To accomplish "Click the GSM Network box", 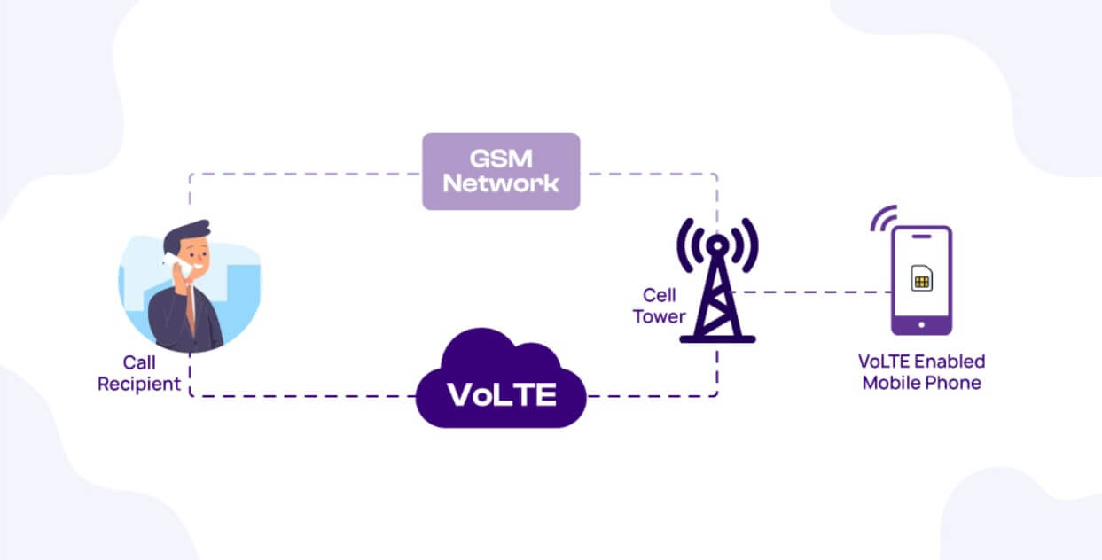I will [501, 171].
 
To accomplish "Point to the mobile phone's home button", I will [921, 324].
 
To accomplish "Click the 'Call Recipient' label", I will [139, 373].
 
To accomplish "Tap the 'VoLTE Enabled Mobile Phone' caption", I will [922, 372].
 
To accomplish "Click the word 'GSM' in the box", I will [501, 158].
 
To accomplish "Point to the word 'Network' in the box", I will [501, 183].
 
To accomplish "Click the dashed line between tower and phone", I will [816, 292].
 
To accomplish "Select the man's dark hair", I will [186, 232].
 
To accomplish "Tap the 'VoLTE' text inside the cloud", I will [502, 393].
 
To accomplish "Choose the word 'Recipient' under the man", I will [139, 385].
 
